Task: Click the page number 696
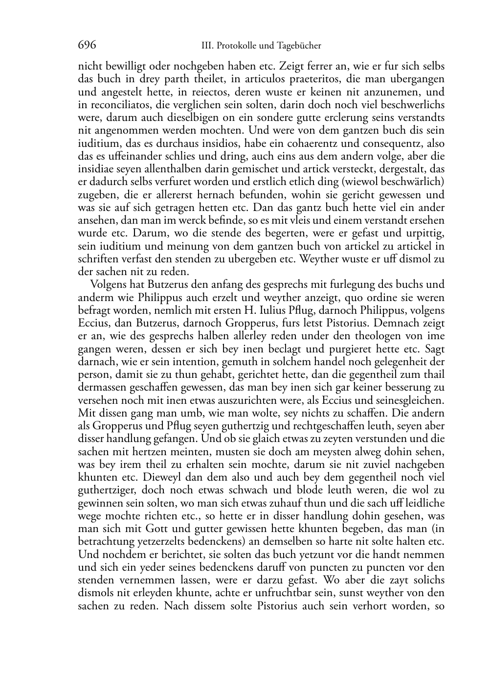pos(87,46)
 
